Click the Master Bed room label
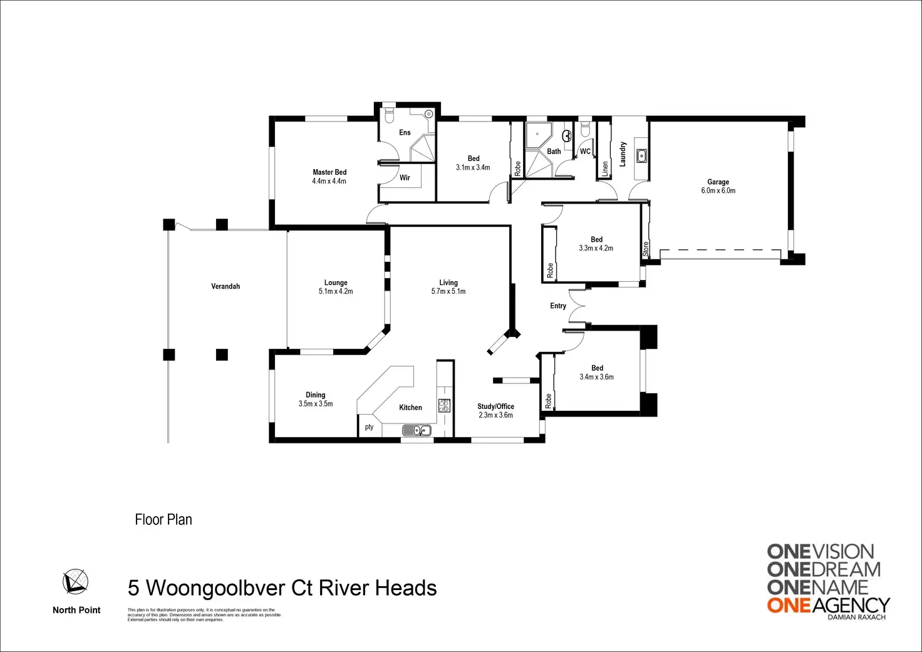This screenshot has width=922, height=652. pyautogui.click(x=329, y=172)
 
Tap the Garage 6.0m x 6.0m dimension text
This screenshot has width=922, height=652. pyautogui.click(x=718, y=191)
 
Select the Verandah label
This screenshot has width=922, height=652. pyautogui.click(x=225, y=286)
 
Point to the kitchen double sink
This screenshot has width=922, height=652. pyautogui.click(x=417, y=430)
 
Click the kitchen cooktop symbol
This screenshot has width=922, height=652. pyautogui.click(x=444, y=405)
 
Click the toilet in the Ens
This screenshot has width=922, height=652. pyautogui.click(x=388, y=115)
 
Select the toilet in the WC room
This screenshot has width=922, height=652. pyautogui.click(x=585, y=130)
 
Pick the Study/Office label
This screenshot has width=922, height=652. pyautogui.click(x=495, y=406)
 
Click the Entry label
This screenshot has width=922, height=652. pyautogui.click(x=558, y=306)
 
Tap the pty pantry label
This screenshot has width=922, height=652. pyautogui.click(x=369, y=427)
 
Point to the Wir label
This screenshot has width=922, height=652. pyautogui.click(x=405, y=178)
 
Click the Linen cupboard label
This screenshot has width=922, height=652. pyautogui.click(x=605, y=168)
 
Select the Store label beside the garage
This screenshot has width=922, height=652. pyautogui.click(x=646, y=249)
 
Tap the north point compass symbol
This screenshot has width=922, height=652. pyautogui.click(x=75, y=582)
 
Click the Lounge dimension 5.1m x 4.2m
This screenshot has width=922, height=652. pyautogui.click(x=336, y=291)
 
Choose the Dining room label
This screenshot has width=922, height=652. pyautogui.click(x=316, y=395)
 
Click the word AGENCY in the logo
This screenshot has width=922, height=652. pyautogui.click(x=851, y=604)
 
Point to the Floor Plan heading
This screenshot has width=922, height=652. pyautogui.click(x=163, y=519)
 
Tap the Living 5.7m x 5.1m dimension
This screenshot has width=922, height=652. pyautogui.click(x=448, y=291)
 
